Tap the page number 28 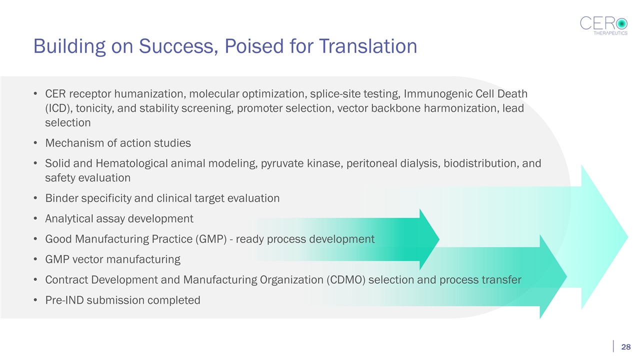pyautogui.click(x=625, y=347)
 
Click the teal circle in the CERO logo pyautogui.click(x=621, y=23)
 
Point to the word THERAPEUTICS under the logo pyautogui.click(x=610, y=33)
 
